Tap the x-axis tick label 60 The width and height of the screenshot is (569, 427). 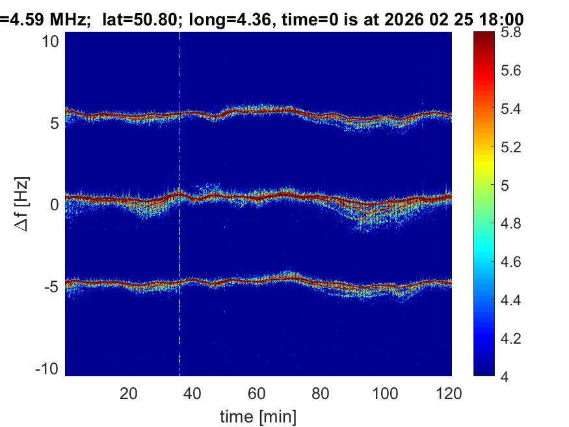coord(257,393)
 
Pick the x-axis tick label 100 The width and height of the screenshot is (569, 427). coord(385,393)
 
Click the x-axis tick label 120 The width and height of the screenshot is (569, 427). coord(449,393)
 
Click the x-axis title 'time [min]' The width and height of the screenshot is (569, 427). coord(258,415)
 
